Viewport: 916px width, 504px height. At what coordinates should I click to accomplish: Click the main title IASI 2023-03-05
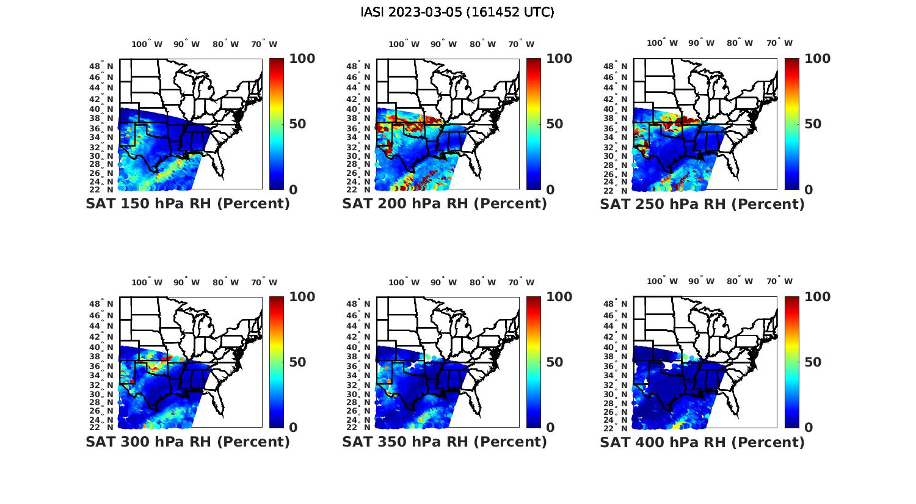pos(457,12)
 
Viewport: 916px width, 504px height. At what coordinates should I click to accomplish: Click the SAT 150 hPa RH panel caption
pos(187,204)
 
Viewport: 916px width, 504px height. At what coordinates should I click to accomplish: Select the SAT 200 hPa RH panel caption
pos(445,204)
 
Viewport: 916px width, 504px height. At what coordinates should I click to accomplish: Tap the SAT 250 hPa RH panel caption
pos(702,204)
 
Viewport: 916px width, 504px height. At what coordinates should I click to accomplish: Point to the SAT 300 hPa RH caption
pos(187,442)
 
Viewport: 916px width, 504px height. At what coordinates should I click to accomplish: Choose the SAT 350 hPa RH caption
pos(445,442)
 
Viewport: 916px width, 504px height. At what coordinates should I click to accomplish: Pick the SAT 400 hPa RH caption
pos(702,442)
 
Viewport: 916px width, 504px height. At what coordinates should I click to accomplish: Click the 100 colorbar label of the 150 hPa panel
pos(302,59)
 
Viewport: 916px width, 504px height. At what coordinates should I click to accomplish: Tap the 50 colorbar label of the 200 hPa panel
pos(554,124)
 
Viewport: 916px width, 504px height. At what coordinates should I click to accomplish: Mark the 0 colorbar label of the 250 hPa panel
pos(809,190)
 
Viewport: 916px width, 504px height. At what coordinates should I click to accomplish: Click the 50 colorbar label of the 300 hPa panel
pos(297,362)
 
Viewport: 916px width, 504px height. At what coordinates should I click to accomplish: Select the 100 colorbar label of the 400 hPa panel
pos(818,297)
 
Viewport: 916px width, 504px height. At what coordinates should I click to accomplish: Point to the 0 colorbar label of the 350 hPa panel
pos(550,428)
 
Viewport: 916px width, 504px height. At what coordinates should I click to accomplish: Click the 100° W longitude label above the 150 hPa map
pos(147,44)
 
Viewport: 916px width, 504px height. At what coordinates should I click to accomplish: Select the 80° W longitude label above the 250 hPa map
pos(740,43)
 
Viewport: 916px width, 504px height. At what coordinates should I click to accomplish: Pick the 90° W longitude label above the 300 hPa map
pos(186,282)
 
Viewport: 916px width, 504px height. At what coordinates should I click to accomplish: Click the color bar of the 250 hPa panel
pos(791,124)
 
